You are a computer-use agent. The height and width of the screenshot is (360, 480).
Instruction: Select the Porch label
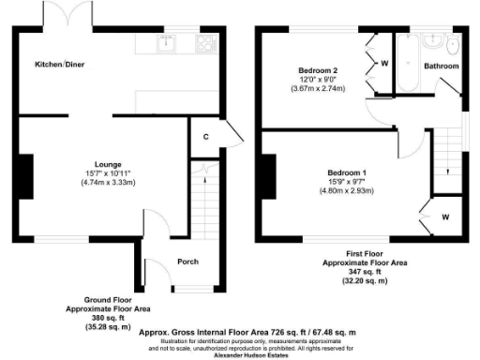point(188,262)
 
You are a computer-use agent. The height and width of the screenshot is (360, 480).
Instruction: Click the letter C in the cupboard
point(204,137)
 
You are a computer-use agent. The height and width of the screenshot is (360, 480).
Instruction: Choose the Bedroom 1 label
point(346,172)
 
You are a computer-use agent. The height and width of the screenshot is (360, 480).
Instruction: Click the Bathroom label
point(442,67)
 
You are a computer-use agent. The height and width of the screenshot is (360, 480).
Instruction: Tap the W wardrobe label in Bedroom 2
point(384,64)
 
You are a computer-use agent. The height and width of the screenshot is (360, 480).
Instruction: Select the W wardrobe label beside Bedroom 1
point(444,217)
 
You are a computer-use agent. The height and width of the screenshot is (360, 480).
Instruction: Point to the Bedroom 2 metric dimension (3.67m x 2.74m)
point(319,89)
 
